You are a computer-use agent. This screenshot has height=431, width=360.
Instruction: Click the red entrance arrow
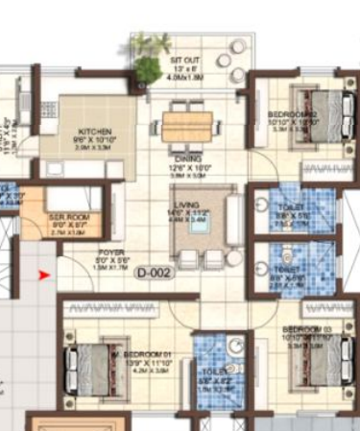coord(43,277)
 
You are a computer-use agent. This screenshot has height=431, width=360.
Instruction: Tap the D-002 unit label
coord(153,273)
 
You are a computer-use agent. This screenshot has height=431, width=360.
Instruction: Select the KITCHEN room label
coord(96,132)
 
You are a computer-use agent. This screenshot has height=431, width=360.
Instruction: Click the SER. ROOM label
coord(69,218)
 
